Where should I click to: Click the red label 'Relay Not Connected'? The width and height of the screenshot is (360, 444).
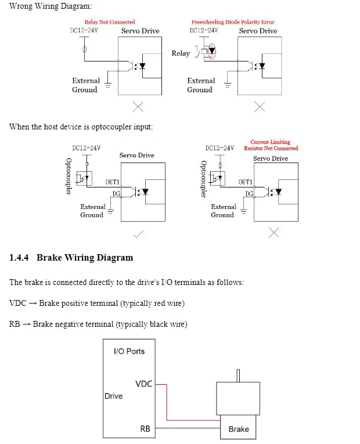pos(110,22)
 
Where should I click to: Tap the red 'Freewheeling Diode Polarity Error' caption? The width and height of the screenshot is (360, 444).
pos(233,22)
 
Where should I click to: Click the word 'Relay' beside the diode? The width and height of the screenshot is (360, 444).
pos(181,53)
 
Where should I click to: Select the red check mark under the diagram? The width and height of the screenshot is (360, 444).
pos(138,234)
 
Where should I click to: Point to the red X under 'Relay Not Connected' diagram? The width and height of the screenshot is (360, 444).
pos(138,107)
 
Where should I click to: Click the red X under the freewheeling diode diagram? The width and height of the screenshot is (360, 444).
pos(260,107)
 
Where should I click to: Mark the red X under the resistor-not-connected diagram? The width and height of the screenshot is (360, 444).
pos(273,233)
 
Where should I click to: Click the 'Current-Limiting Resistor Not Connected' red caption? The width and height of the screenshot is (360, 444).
pos(271,145)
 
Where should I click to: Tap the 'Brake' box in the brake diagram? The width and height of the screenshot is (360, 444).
pos(238,427)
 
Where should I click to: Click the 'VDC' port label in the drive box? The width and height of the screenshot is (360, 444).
pos(143,384)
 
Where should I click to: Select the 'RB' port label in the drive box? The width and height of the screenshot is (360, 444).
pos(145,429)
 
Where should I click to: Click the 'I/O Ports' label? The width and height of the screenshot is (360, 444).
pos(129,351)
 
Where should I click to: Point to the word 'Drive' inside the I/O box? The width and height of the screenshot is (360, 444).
pos(114,396)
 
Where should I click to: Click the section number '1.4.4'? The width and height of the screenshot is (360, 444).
pos(19,257)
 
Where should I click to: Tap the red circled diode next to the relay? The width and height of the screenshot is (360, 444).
pos(211,52)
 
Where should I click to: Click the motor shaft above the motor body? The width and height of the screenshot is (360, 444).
pos(238,376)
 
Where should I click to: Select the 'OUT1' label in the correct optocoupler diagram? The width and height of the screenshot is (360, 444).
pos(113,182)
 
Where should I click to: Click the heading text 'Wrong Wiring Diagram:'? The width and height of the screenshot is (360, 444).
pos(51,6)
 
